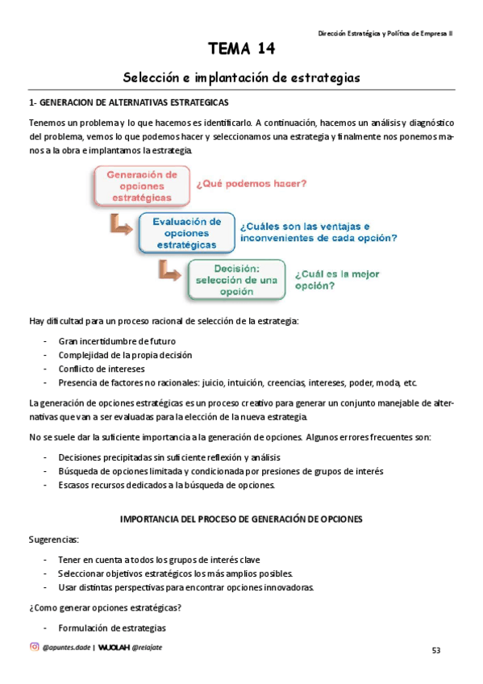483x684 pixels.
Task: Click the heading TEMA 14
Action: [x=241, y=50]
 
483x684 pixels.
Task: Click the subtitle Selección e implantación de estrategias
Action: [x=241, y=77]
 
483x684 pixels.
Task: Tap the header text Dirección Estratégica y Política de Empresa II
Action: [x=385, y=33]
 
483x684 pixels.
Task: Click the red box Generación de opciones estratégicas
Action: [x=142, y=186]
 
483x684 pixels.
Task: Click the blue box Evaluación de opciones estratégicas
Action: [x=186, y=232]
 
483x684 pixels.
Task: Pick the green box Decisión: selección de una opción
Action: [x=236, y=279]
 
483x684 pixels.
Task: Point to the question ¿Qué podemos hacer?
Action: [x=251, y=183]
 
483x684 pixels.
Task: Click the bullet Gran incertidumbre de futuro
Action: [x=117, y=341]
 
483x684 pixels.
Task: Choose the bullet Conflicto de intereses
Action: [x=100, y=369]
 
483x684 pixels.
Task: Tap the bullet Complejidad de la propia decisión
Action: [x=124, y=355]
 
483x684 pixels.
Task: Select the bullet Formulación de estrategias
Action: [x=112, y=628]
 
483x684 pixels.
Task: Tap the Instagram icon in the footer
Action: [x=34, y=646]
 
